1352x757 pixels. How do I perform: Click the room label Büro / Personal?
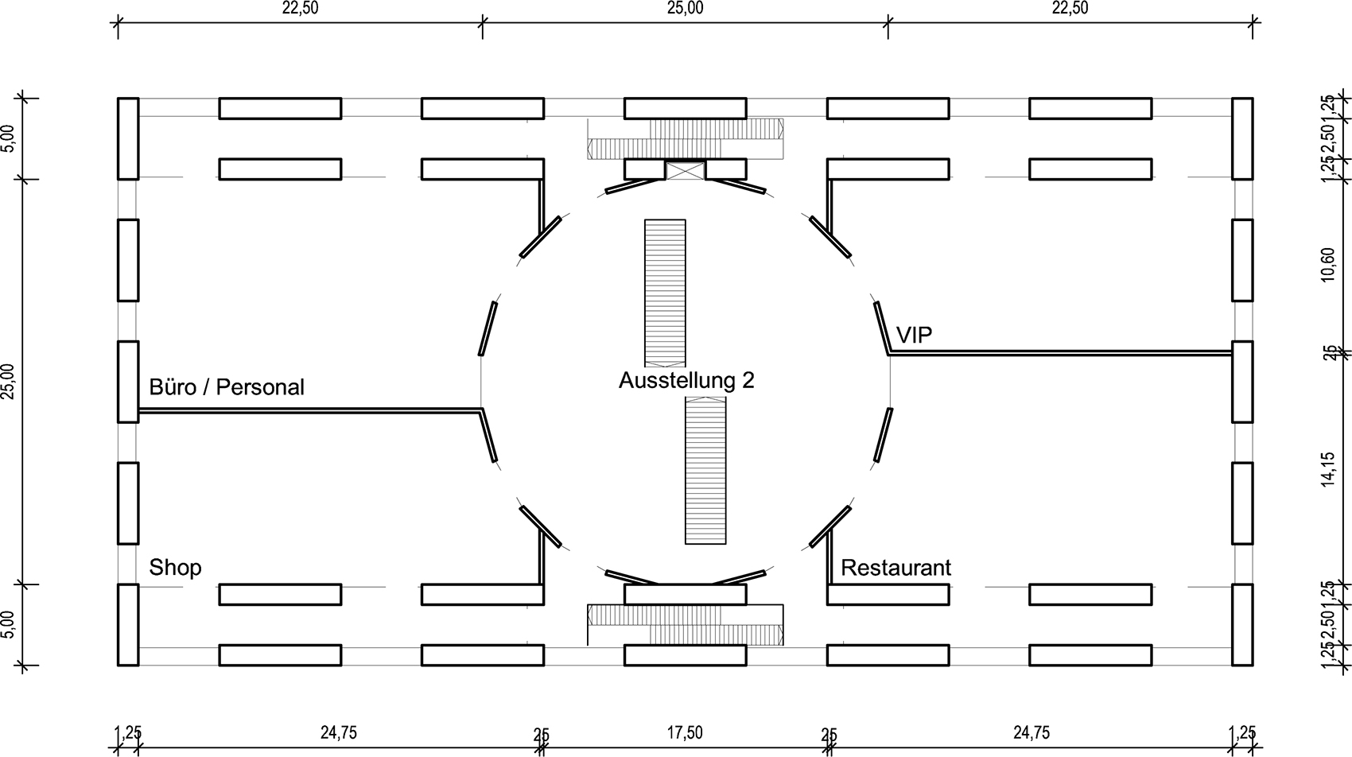coord(227,387)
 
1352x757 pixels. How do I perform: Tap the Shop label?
coord(175,568)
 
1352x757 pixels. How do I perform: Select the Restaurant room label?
coord(896,568)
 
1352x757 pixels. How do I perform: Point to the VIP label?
coord(914,335)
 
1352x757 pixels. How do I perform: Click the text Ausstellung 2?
coord(686,380)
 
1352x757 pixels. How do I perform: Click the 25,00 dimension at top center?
coord(685,9)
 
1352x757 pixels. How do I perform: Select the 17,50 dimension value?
coord(685,732)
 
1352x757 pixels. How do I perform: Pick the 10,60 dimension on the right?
coord(1327,265)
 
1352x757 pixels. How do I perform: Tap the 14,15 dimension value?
coord(1327,469)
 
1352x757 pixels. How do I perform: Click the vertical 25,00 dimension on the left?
coord(9,382)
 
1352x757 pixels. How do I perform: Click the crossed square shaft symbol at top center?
coord(685,169)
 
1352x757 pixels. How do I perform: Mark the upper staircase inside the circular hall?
coord(665,293)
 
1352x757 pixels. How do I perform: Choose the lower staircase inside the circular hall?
coord(705,471)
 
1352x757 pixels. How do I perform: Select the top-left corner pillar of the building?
coord(128,138)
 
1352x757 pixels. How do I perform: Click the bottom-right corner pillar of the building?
coord(1242,625)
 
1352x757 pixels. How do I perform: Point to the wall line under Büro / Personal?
coord(310,410)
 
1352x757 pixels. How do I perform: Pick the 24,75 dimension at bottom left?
coord(339,732)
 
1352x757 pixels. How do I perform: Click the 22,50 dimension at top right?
coord(1070,9)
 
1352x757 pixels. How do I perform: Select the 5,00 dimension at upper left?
coord(9,139)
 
